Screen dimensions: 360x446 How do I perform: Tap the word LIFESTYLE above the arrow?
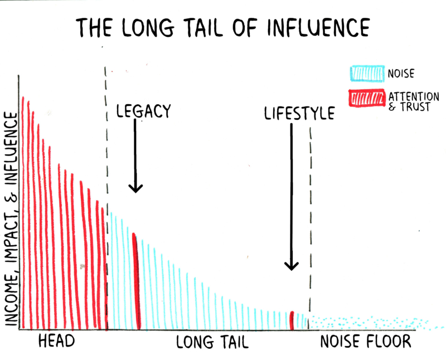(299, 114)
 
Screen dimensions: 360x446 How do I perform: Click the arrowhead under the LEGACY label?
(135, 187)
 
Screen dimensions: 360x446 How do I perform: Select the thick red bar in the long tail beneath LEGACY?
(135, 281)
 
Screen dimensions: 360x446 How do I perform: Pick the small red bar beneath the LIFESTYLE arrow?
(292, 320)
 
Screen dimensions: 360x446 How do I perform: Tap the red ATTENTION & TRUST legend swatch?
(366, 99)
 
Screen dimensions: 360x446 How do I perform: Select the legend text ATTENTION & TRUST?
(413, 101)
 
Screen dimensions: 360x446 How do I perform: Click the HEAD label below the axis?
(56, 341)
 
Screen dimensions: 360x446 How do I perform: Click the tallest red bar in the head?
(23, 212)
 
